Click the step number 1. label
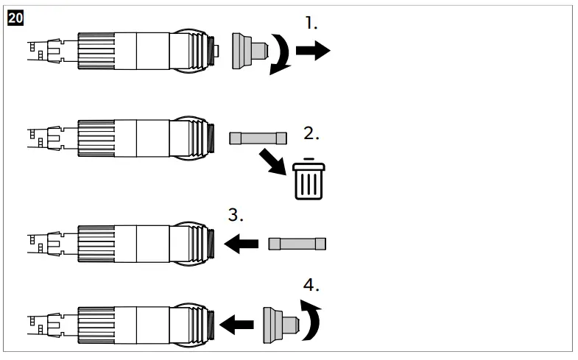pos(311,24)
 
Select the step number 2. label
pos(311,135)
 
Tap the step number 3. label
pos(236,215)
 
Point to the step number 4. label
pos(311,285)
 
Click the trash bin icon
pos(309,179)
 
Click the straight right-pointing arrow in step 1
pos(313,52)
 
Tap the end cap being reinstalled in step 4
pos(280,322)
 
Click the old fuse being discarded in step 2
pos(255,137)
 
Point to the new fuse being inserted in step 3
pos(297,244)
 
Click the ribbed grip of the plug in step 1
pos(95,52)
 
